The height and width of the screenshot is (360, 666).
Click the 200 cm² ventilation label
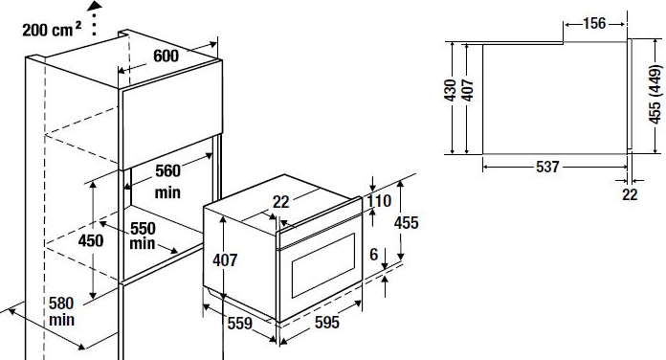pyautogui.click(x=52, y=30)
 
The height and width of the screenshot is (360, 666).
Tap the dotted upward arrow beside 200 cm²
pyautogui.click(x=94, y=18)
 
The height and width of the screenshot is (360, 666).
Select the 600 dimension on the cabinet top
pyautogui.click(x=166, y=56)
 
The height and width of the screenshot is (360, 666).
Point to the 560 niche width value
pyautogui.click(x=167, y=170)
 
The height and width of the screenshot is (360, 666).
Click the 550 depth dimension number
pyautogui.click(x=143, y=229)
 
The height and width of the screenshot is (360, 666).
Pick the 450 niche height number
pyautogui.click(x=91, y=240)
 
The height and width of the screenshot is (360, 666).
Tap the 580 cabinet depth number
pyautogui.click(x=61, y=304)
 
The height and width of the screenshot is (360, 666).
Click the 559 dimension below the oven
pyautogui.click(x=240, y=324)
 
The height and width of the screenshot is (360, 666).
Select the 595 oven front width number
pyautogui.click(x=327, y=323)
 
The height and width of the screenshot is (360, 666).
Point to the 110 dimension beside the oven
pyautogui.click(x=379, y=201)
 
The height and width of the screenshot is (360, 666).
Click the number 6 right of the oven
pyautogui.click(x=374, y=255)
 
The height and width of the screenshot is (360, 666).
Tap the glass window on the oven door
pyautogui.click(x=322, y=265)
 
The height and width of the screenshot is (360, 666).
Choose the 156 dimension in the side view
pyautogui.click(x=594, y=23)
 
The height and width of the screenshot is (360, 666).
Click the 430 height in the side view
pyautogui.click(x=451, y=90)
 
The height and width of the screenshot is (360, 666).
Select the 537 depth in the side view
pyautogui.click(x=547, y=167)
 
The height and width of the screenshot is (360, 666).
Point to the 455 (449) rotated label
pyautogui.click(x=655, y=95)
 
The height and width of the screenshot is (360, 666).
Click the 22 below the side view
pyautogui.click(x=630, y=194)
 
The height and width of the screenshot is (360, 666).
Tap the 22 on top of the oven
pyautogui.click(x=280, y=202)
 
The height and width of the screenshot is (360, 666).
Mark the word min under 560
pyautogui.click(x=167, y=192)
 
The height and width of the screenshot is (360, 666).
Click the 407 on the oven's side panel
pyautogui.click(x=225, y=259)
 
